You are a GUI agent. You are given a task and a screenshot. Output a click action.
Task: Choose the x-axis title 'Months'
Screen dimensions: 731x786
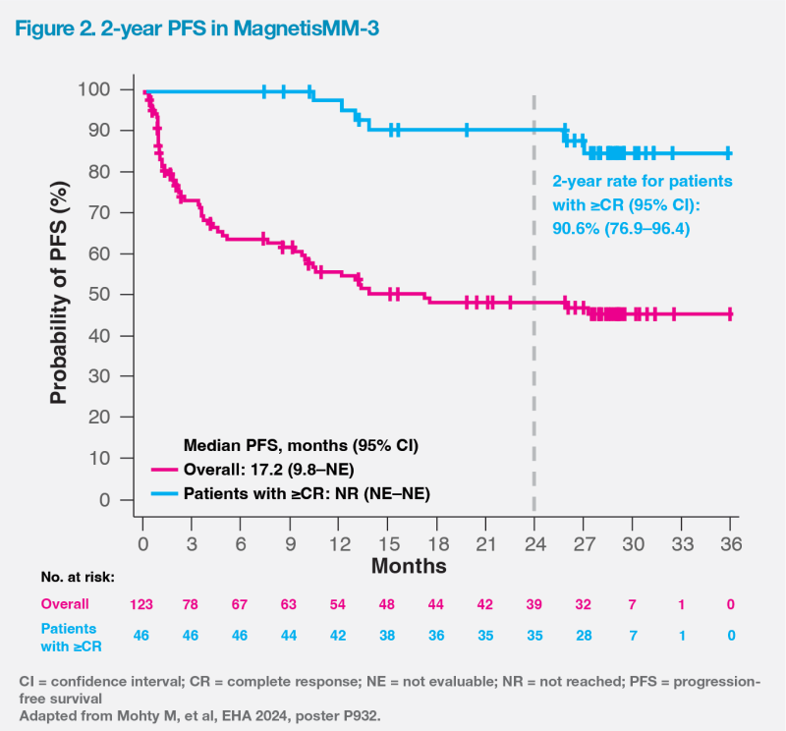pos(409,566)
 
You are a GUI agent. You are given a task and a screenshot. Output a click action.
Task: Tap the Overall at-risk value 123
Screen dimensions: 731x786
pos(142,603)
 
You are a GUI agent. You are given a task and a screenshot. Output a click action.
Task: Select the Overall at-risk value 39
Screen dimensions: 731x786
pos(534,603)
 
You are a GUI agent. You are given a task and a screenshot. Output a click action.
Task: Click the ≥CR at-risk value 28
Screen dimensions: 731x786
pos(584,636)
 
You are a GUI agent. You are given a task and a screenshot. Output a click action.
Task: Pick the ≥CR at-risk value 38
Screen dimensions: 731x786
pos(388,636)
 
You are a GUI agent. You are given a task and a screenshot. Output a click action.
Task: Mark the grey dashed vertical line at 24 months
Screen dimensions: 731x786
pos(534,393)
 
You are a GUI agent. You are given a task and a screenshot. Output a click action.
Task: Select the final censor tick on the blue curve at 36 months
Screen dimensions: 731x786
pos(728,153)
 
